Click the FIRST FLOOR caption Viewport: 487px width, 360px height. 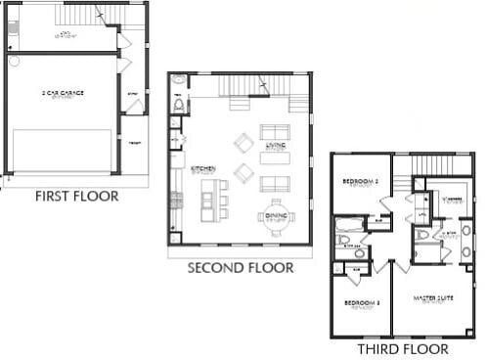76,196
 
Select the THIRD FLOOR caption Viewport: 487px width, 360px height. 403,348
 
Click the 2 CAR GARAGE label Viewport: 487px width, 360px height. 63,93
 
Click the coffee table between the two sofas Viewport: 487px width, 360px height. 274,157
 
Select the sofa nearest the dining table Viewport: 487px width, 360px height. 274,184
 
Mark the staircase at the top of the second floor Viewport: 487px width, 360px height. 248,86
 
